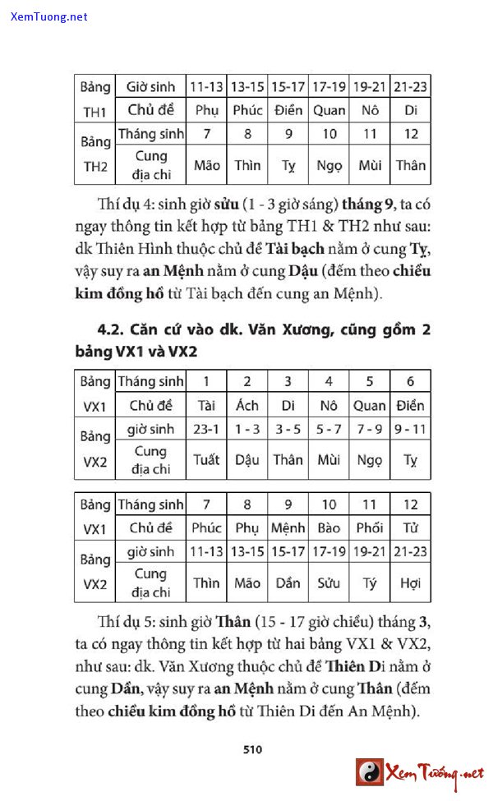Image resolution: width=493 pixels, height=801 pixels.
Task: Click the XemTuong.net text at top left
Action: [49, 16]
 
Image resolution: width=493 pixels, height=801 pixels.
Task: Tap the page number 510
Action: [251, 748]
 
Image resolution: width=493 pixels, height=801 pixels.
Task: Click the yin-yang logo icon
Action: [370, 771]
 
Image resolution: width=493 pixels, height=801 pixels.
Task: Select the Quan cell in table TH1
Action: [329, 110]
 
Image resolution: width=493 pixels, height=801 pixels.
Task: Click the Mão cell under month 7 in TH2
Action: [206, 165]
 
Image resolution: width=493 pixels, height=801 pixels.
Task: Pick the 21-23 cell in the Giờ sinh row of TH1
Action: [411, 86]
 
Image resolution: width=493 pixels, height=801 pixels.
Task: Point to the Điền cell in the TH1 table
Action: [288, 110]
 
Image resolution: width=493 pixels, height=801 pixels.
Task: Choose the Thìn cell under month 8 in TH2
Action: [246, 165]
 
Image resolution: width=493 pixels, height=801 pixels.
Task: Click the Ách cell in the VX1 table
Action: [246, 405]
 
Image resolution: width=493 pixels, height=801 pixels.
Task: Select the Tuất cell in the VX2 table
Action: [206, 460]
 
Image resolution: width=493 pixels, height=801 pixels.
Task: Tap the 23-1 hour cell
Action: [206, 429]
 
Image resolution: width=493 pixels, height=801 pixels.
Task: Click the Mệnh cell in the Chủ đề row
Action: [288, 527]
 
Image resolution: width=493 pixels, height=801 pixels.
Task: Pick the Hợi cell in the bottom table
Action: [411, 583]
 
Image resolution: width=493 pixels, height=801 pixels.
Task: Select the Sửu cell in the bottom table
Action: [329, 583]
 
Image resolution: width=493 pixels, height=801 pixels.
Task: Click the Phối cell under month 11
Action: [370, 527]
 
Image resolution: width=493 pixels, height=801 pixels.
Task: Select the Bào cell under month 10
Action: [329, 527]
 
